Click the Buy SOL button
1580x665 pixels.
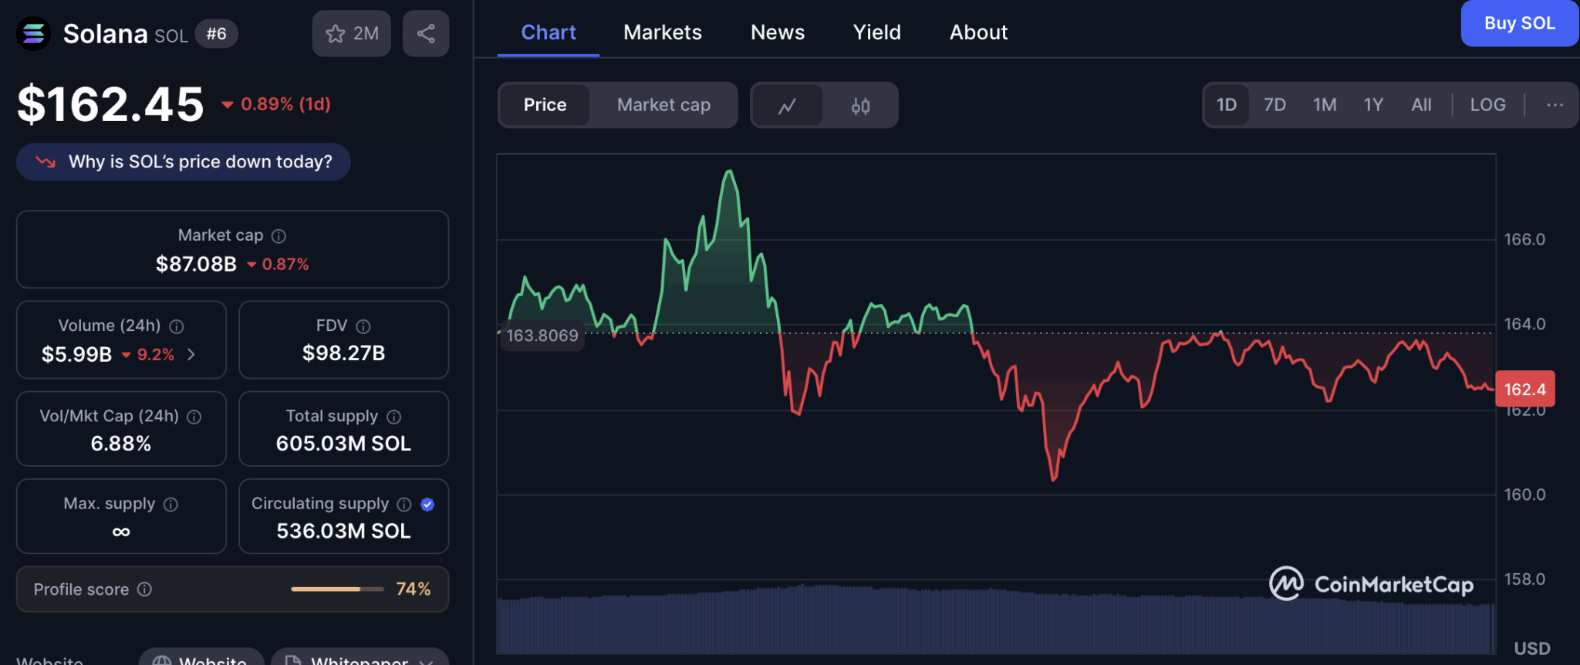click(x=1519, y=23)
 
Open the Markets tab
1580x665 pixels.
click(x=663, y=32)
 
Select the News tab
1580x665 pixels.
click(x=778, y=32)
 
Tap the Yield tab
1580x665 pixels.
click(x=876, y=32)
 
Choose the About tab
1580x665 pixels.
click(x=978, y=32)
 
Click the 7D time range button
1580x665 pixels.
click(x=1274, y=105)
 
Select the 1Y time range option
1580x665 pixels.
click(x=1373, y=105)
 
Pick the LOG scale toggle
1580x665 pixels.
click(x=1487, y=105)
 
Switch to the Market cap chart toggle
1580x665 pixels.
click(x=663, y=105)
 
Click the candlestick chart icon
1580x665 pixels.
click(x=860, y=106)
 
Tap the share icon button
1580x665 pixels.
click(x=426, y=33)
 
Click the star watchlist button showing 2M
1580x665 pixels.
click(x=352, y=33)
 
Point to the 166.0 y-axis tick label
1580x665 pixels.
click(x=1524, y=240)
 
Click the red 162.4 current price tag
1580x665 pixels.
click(x=1524, y=390)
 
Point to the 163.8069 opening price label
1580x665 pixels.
click(x=542, y=336)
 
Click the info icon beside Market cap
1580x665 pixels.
click(x=279, y=236)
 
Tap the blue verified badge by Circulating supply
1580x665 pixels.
click(x=427, y=505)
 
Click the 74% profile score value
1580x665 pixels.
click(x=413, y=589)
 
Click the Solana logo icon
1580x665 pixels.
click(x=33, y=33)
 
